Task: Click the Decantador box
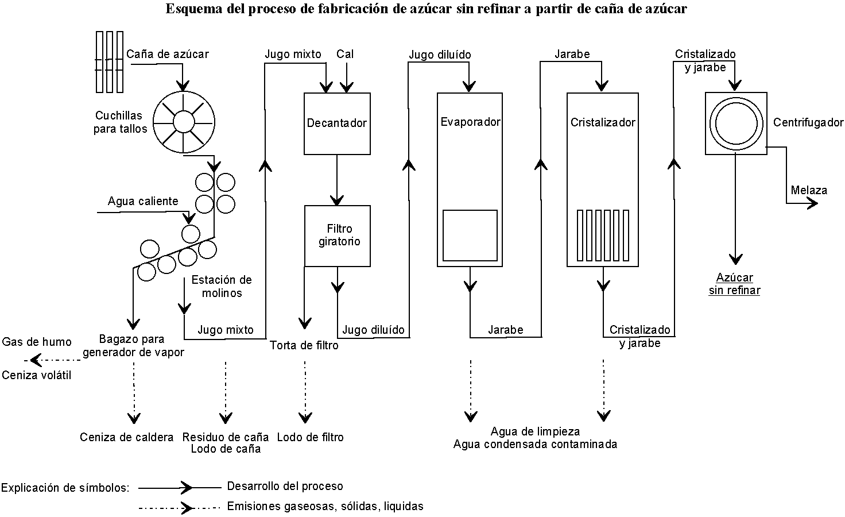coord(337,123)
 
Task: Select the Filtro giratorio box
coord(338,236)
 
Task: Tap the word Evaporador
coord(470,122)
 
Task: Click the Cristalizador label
coord(603,122)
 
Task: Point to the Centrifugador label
coord(808,122)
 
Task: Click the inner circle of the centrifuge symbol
coord(736,123)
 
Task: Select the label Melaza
coord(809,190)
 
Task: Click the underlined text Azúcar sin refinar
coord(734,284)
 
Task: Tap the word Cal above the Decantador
coord(345,54)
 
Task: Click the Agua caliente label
coord(143,201)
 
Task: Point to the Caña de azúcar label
coord(167,54)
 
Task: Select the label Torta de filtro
coord(304,345)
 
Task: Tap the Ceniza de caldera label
coord(126,437)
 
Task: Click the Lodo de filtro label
coord(310,437)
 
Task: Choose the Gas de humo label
coord(37,342)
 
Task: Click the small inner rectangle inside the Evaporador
coord(470,235)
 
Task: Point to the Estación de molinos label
coord(222,286)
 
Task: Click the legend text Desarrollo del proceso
coord(285,486)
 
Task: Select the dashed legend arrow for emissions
coord(179,507)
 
